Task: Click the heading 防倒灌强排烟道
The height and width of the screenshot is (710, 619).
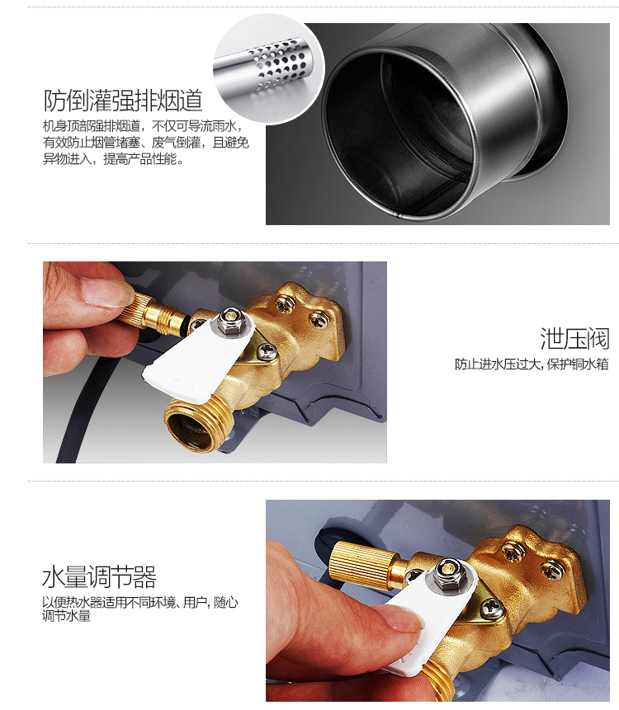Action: tap(123, 101)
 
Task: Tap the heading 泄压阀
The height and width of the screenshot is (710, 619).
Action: tap(574, 339)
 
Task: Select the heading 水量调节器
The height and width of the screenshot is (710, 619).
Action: tap(99, 577)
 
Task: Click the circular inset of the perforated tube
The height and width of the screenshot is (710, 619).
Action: tap(269, 68)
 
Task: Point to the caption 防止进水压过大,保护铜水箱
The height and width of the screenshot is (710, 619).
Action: tap(532, 364)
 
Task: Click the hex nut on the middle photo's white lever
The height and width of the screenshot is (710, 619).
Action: tap(229, 321)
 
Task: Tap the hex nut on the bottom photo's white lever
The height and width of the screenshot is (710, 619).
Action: tap(447, 574)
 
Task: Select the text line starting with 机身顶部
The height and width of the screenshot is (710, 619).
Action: tap(143, 126)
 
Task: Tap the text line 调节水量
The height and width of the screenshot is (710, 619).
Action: tap(67, 616)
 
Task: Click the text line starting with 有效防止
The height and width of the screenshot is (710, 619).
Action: tap(146, 143)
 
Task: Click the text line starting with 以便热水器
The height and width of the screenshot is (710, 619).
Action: tap(140, 602)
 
